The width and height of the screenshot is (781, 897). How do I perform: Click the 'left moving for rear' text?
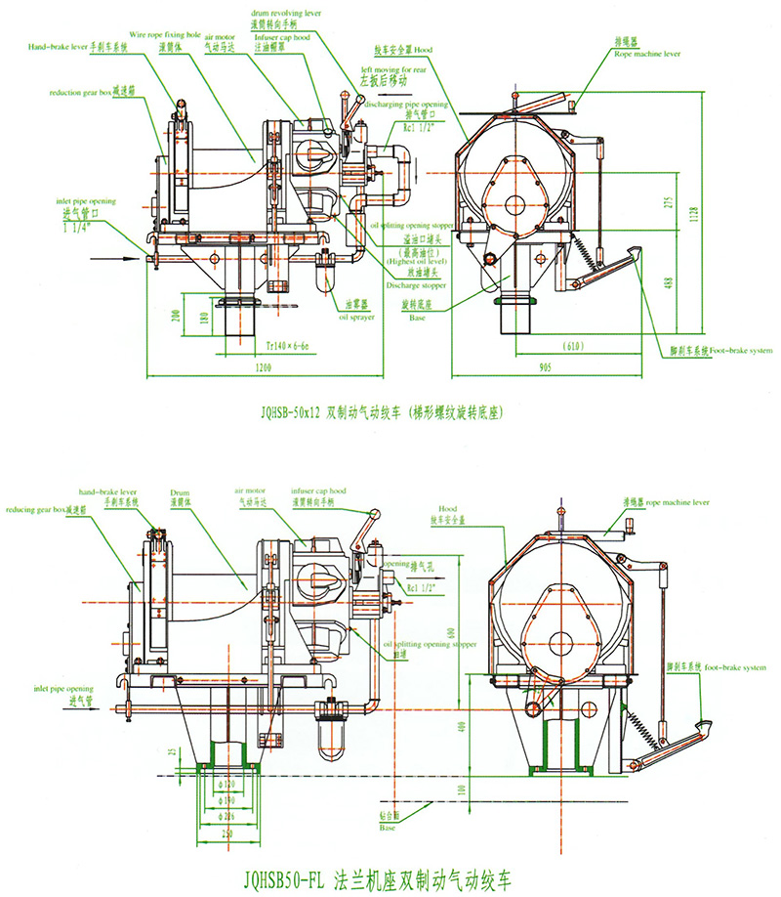click(x=394, y=70)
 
